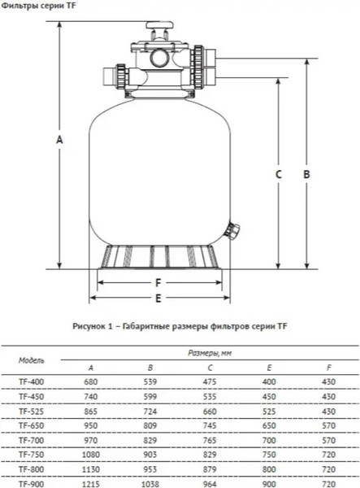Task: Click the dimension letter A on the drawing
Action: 59,140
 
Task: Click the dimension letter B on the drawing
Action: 306,174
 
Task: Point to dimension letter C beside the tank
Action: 278,174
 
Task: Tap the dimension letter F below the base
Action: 158,284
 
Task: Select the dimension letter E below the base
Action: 158,298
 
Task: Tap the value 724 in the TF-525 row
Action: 149,410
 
